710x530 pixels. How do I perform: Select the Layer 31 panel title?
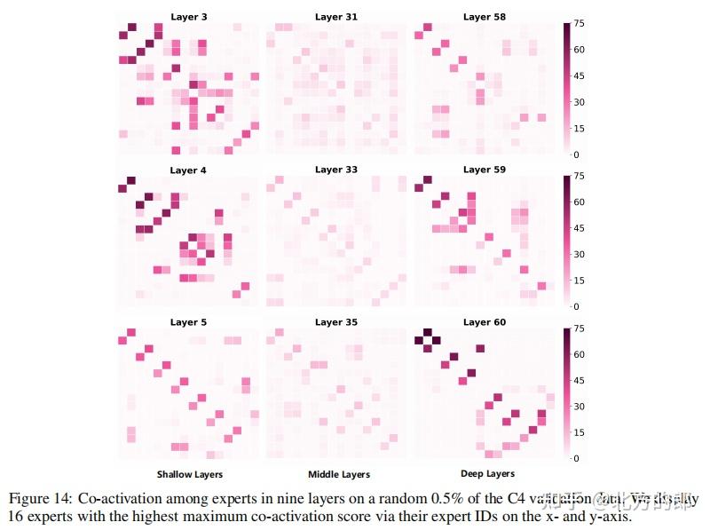tap(335, 17)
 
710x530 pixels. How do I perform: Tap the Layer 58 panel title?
tap(484, 17)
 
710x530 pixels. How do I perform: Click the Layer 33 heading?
tap(335, 170)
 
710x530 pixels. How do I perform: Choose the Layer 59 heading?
tap(484, 170)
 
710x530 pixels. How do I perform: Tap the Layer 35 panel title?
tap(335, 322)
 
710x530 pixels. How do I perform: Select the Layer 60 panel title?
tap(484, 322)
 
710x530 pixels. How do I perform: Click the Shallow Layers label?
tap(190, 474)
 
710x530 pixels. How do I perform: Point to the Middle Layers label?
tap(339, 474)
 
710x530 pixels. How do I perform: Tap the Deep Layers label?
tap(488, 474)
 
